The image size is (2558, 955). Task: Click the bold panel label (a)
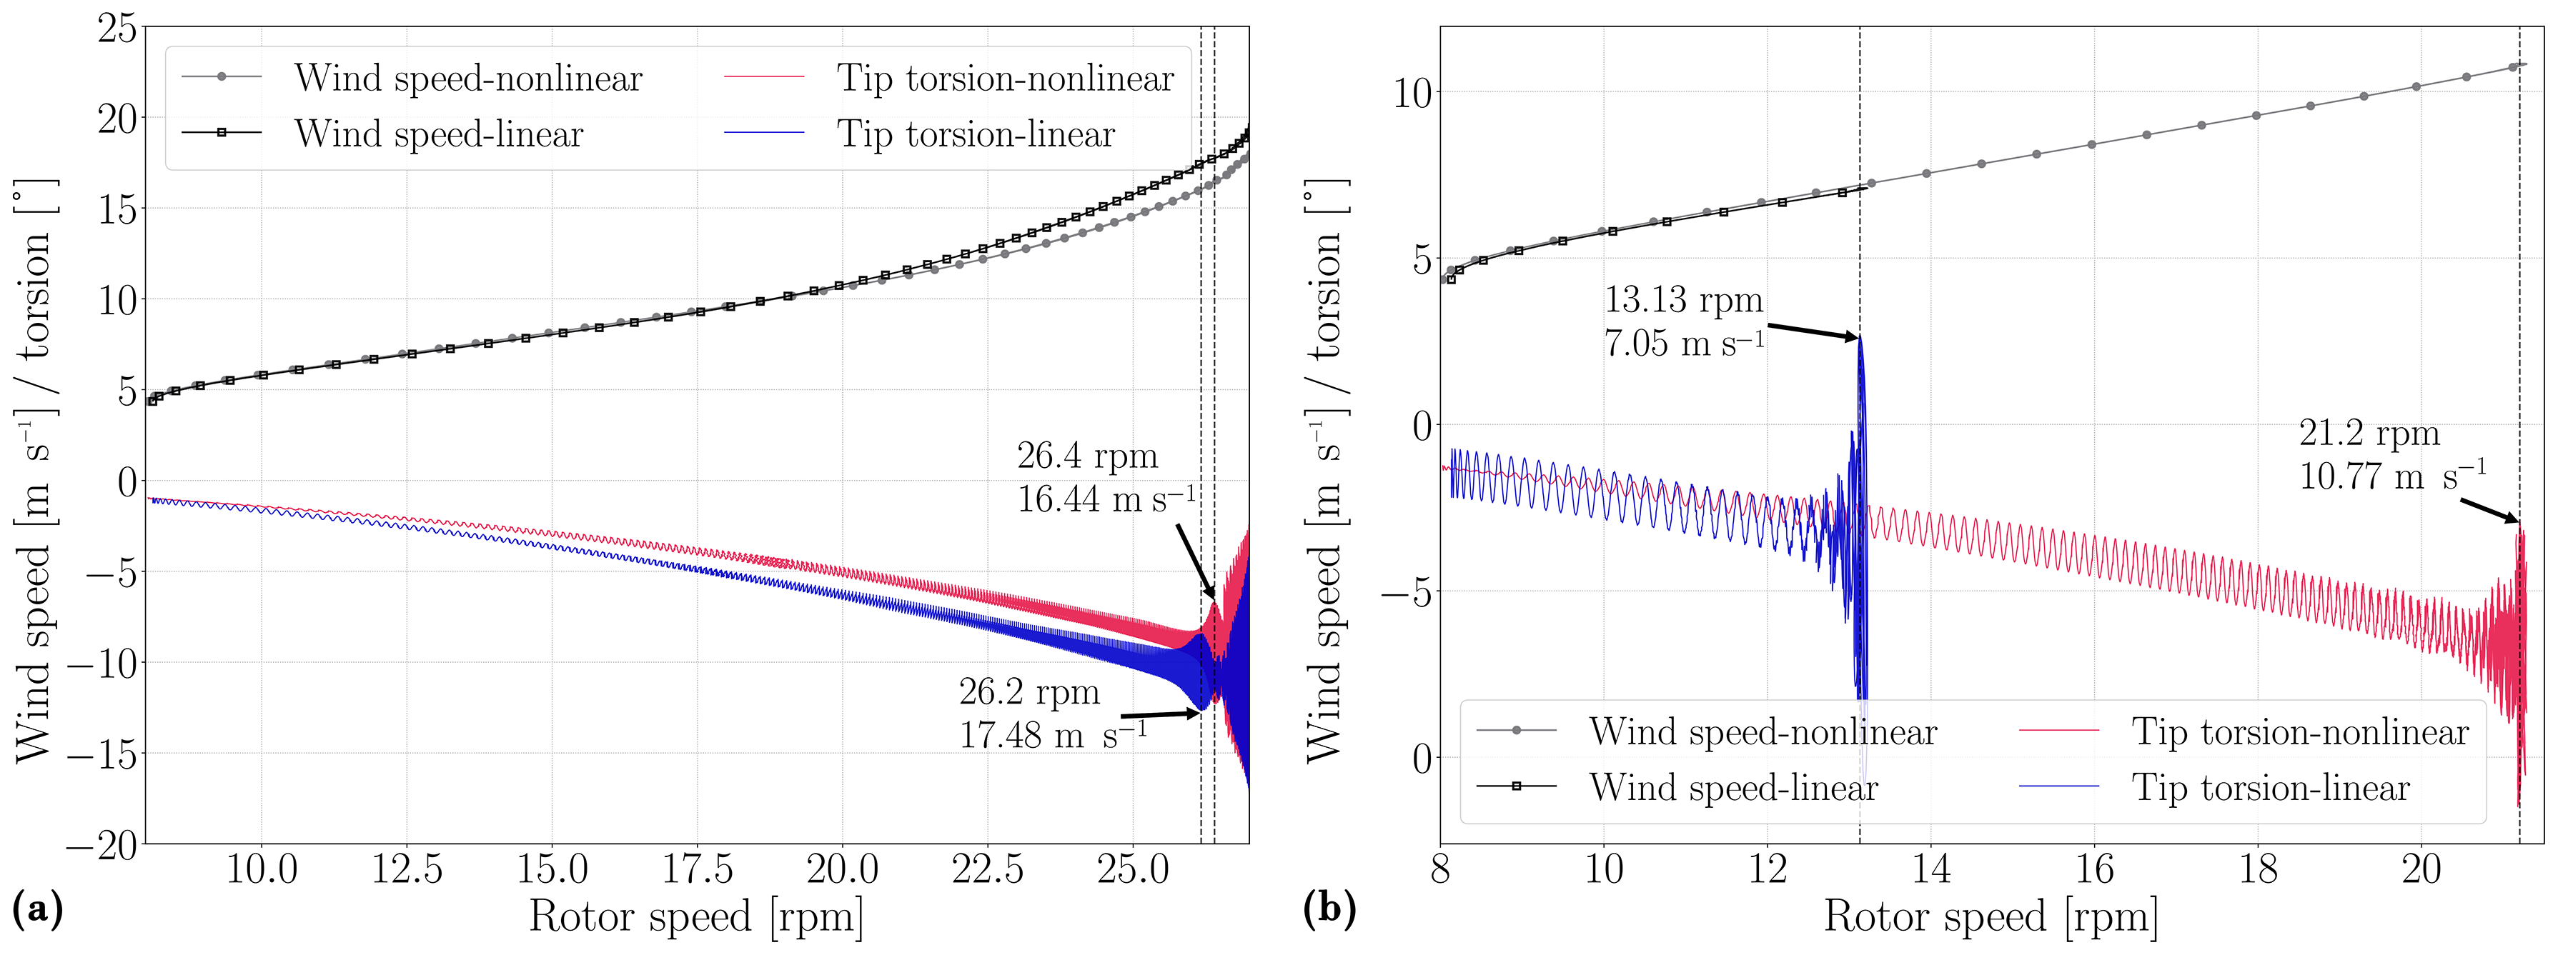pos(36,909)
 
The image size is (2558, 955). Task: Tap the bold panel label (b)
pos(1329,909)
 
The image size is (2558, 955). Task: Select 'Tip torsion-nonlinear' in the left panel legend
pos(1005,79)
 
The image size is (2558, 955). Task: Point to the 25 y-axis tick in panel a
pos(117,28)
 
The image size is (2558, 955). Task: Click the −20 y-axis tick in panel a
pos(102,845)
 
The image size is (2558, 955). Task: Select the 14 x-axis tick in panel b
pos(1930,869)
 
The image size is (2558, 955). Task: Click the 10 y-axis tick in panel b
pos(1412,94)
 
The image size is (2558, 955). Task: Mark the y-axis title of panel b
pos(1324,471)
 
